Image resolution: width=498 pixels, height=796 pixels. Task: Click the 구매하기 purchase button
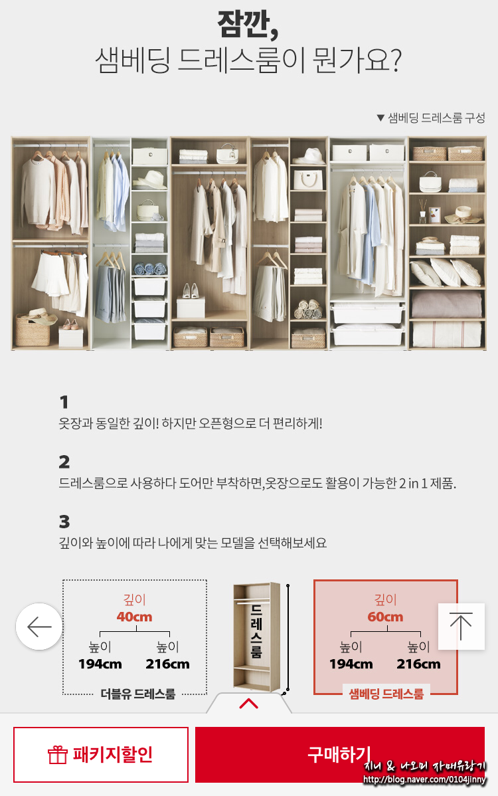tap(340, 754)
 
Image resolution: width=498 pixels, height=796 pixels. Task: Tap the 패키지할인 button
tap(101, 754)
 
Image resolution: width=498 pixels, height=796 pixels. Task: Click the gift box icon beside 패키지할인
tap(57, 755)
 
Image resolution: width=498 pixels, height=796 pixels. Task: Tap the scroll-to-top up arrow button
tap(461, 627)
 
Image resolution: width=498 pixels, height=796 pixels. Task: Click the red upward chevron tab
tap(248, 703)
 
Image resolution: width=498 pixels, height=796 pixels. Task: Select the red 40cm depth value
tap(134, 617)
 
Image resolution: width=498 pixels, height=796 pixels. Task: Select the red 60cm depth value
tap(385, 617)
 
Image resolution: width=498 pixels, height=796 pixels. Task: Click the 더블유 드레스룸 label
tap(138, 694)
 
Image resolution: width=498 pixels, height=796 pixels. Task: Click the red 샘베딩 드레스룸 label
tap(386, 694)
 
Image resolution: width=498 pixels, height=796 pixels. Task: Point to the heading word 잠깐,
tap(248, 25)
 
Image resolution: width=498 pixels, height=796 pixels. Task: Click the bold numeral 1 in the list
tap(64, 402)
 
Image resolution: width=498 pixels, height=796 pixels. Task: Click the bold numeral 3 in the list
tap(64, 522)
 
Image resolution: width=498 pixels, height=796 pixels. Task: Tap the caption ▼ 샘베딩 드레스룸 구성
tap(430, 118)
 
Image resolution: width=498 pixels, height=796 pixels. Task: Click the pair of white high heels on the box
tap(190, 291)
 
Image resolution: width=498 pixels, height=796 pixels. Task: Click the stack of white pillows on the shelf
tap(446, 272)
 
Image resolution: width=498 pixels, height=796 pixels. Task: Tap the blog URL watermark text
tap(424, 779)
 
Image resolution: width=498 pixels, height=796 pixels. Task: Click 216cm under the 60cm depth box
tap(418, 664)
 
